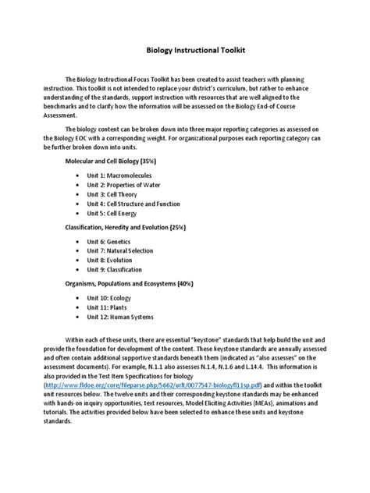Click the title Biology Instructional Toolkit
[x=185, y=49]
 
